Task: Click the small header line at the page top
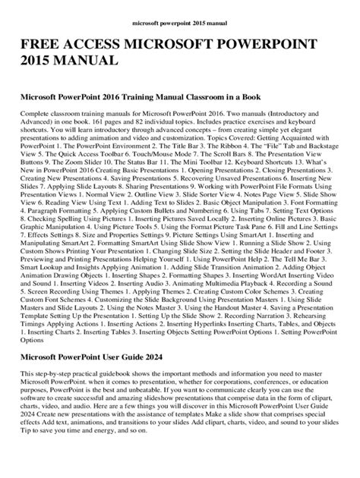(x=179, y=14)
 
